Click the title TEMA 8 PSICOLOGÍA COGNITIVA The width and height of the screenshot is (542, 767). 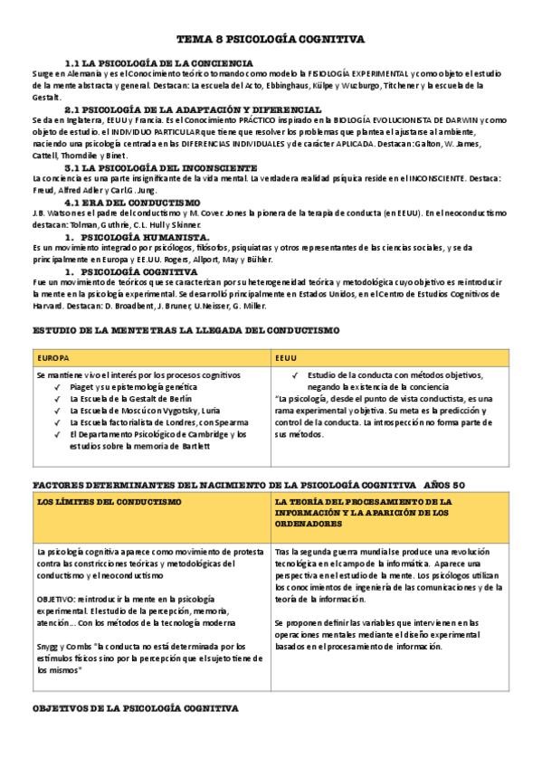271,41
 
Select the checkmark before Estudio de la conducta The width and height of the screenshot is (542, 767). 296,374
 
